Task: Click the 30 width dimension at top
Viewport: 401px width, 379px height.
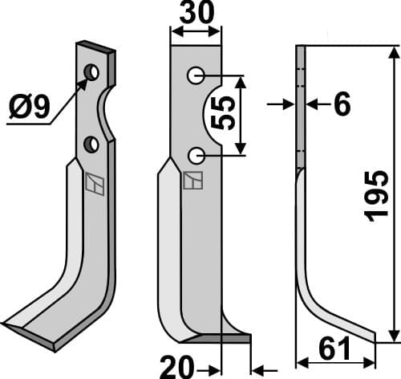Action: [196, 15]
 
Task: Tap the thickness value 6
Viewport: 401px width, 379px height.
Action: [342, 105]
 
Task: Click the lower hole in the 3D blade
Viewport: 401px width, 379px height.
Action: [92, 145]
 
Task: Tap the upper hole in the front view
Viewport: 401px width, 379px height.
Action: [195, 76]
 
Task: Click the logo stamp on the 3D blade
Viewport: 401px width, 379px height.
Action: [94, 184]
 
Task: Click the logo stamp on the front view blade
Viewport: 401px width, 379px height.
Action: [192, 181]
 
